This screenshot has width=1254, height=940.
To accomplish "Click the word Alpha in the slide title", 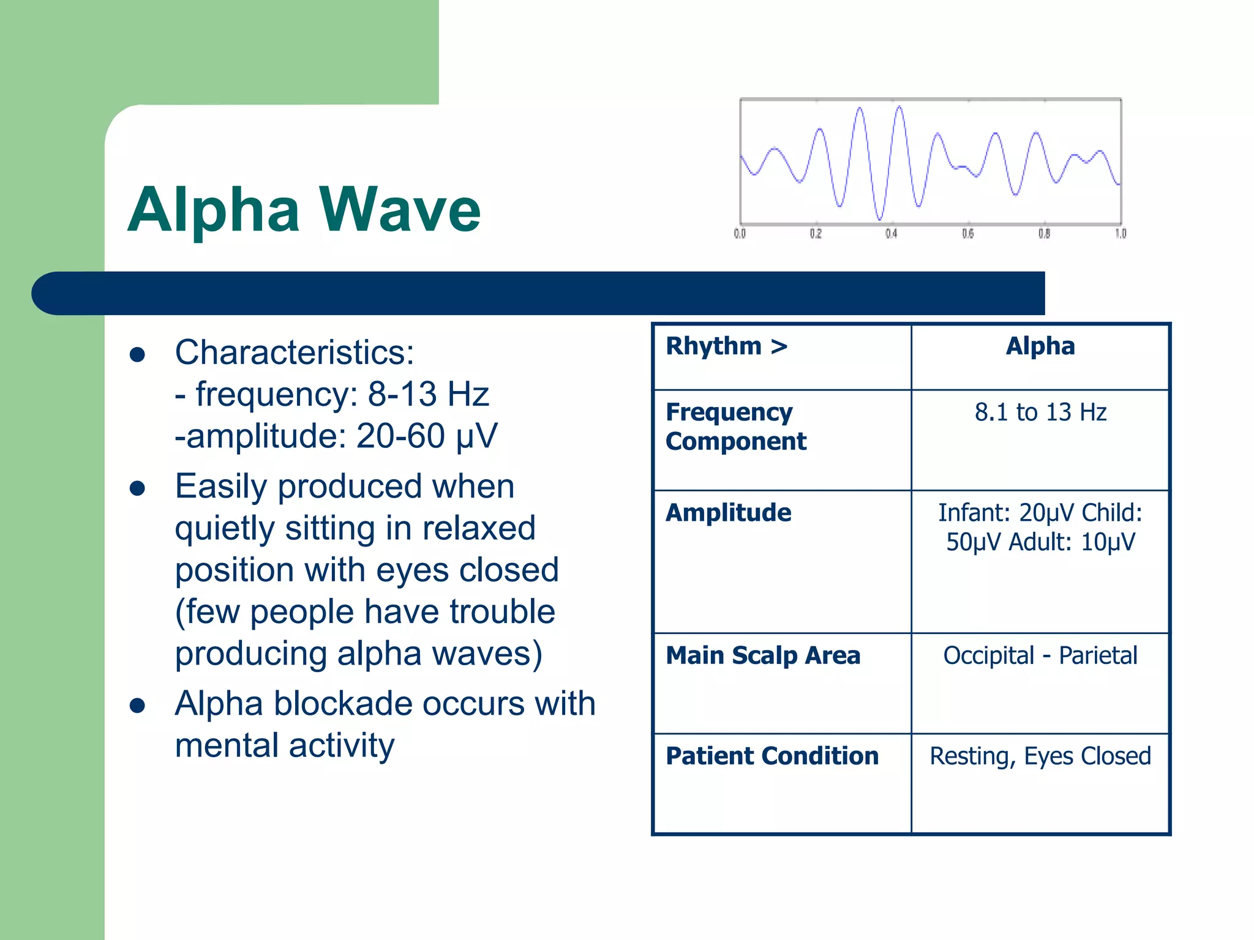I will click(x=214, y=210).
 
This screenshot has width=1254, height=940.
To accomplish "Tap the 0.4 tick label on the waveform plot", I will click(x=891, y=234).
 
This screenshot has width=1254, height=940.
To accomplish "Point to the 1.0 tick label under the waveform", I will click(x=1120, y=234).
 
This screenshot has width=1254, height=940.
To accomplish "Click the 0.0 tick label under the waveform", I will click(x=740, y=234).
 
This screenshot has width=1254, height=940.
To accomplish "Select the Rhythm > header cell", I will click(x=726, y=346).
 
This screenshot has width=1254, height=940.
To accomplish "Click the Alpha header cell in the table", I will click(x=1040, y=346).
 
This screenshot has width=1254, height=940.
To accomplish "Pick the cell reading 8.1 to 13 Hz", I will click(x=1040, y=412).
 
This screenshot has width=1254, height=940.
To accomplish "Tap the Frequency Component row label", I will click(x=735, y=427).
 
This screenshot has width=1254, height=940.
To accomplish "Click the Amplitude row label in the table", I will click(x=728, y=513).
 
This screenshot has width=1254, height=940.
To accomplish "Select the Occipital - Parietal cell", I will click(x=1040, y=655).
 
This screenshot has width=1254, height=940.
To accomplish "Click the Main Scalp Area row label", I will click(x=762, y=655).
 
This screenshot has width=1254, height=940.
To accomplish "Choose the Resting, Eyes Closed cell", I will click(x=1040, y=756).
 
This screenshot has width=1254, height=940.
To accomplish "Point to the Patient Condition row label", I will click(x=772, y=756).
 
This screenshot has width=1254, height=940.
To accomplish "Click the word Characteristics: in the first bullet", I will click(x=295, y=352).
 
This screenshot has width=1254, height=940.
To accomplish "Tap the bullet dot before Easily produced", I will click(x=137, y=488).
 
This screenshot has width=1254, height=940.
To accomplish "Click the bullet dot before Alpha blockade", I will click(x=137, y=705).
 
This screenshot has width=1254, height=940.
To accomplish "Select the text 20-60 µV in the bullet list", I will click(x=427, y=436).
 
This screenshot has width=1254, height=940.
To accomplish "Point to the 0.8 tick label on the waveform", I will click(x=1044, y=234).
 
